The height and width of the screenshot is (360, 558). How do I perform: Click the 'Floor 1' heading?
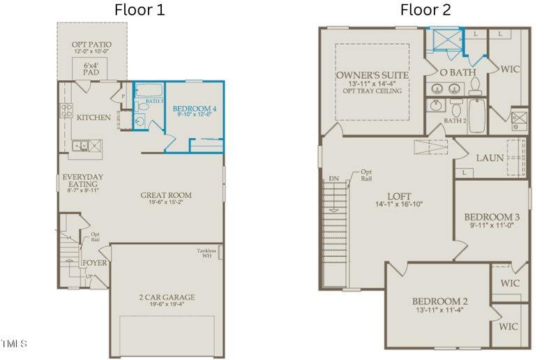139,10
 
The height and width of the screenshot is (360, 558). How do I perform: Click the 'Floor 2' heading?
425,10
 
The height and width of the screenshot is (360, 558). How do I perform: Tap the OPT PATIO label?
91,45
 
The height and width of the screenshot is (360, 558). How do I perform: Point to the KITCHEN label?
93,117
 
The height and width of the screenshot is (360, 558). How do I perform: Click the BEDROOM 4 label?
195,109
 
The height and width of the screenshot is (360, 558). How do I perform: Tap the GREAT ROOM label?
166,195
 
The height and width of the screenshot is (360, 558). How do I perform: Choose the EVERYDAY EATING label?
83,181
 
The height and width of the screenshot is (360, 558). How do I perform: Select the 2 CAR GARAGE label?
166,298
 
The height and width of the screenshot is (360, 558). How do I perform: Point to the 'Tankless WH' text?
206,254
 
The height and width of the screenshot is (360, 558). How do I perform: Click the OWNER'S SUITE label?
372,75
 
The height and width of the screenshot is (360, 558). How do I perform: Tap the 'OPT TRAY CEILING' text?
372,91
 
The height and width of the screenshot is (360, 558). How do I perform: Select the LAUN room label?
490,158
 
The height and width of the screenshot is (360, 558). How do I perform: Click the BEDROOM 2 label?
439,301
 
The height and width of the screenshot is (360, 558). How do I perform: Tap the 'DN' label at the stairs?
334,179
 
